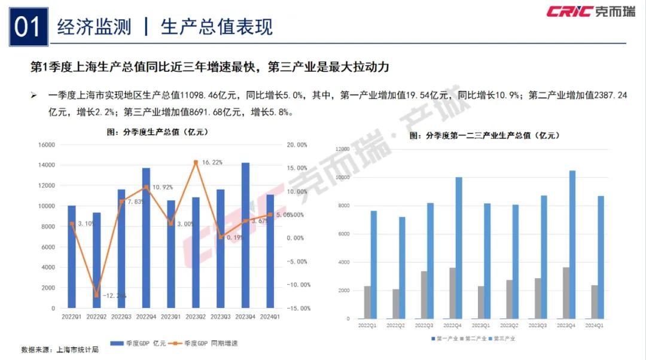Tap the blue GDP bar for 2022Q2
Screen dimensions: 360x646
coord(96,260)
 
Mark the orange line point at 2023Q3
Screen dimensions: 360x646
coord(220,237)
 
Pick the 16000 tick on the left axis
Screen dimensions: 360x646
coord(45,145)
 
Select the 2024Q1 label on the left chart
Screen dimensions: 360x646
coord(270,317)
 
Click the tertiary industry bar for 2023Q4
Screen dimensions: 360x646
coord(572,245)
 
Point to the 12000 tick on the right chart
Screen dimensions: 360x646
coord(343,149)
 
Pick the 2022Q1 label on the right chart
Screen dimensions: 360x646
coord(367,325)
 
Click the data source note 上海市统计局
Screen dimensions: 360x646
coord(75,349)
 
